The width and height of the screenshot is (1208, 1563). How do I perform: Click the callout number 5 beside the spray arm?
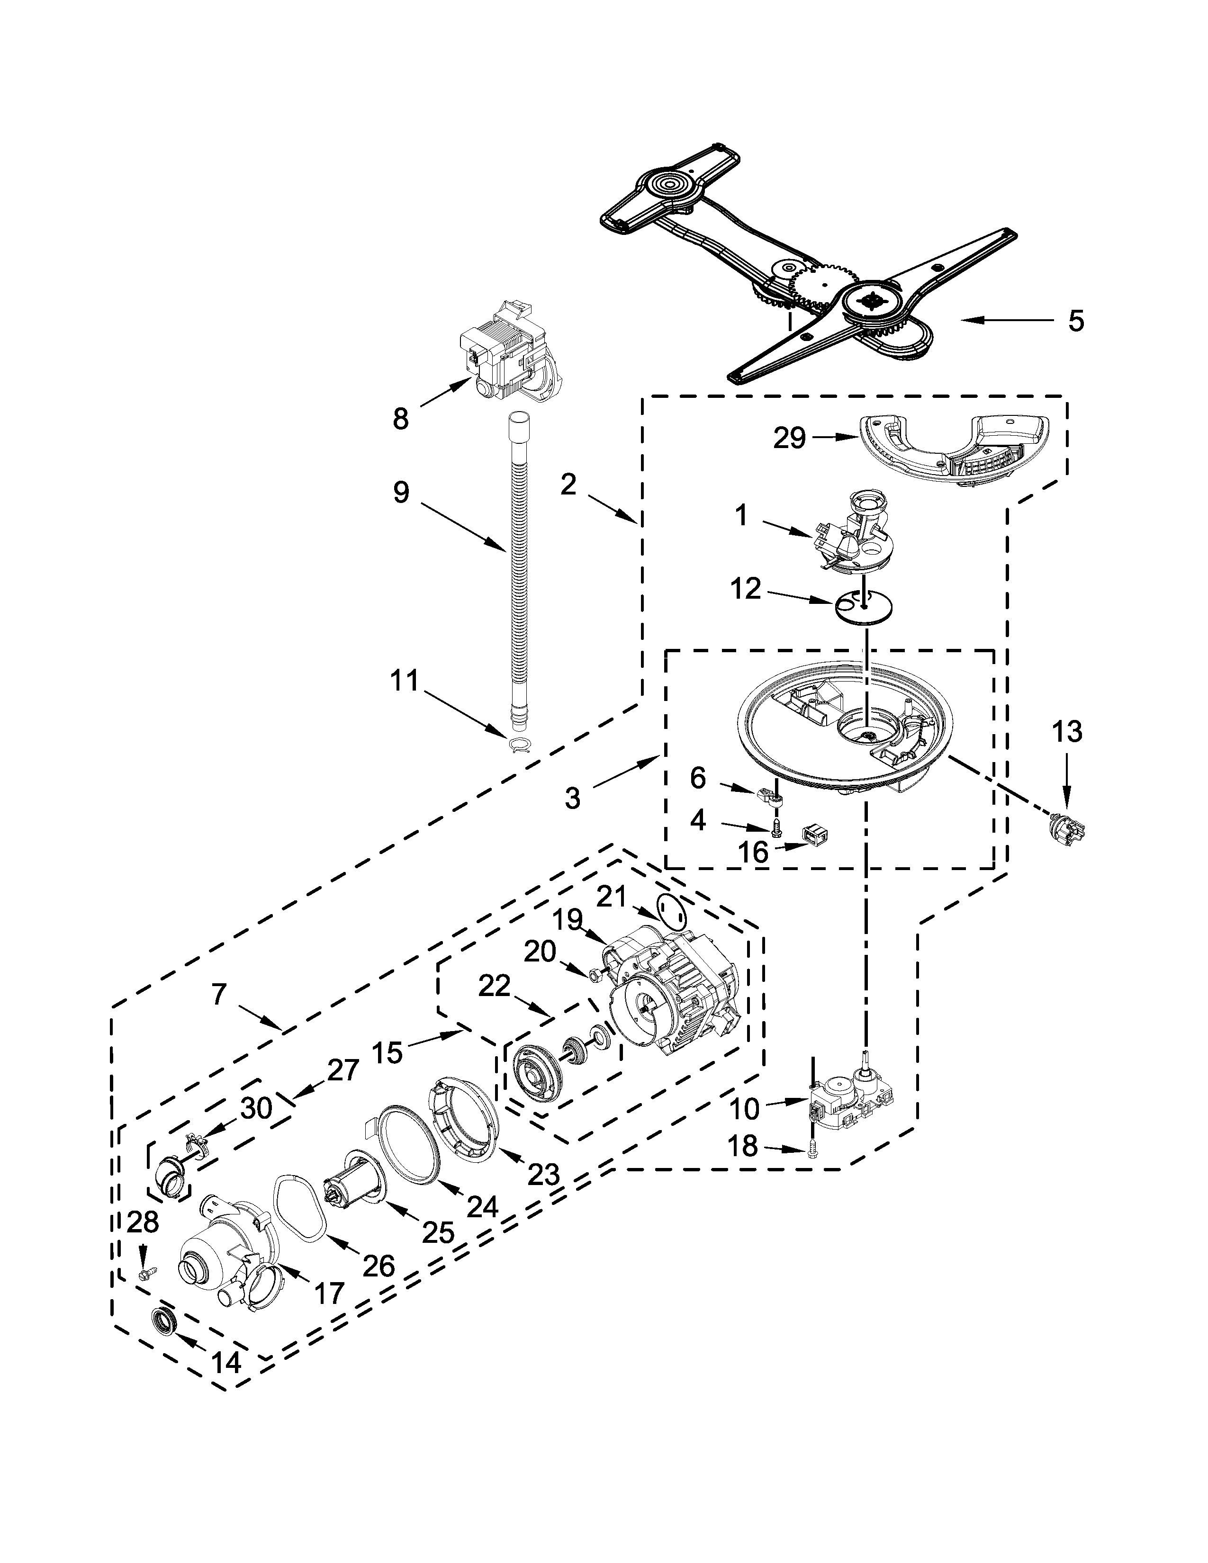[x=1076, y=321]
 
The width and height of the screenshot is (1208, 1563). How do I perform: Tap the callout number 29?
[x=789, y=438]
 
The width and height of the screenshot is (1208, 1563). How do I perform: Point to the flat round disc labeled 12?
[x=864, y=607]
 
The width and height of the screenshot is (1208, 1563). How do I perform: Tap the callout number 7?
[x=219, y=994]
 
